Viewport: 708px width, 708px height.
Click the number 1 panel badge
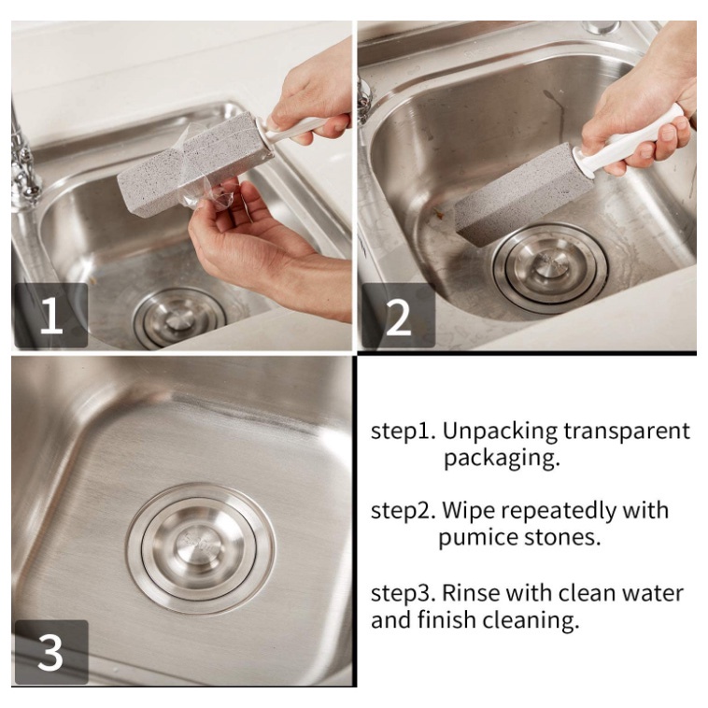[x=51, y=315]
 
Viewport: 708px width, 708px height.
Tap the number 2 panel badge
[x=398, y=315]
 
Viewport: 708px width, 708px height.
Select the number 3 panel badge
[x=51, y=652]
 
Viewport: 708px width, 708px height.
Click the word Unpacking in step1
[x=500, y=432]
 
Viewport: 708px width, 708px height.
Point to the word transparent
[x=627, y=432]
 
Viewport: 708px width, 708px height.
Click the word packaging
[x=502, y=459]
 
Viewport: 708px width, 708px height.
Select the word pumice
[x=478, y=538]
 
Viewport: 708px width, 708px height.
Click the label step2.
[x=403, y=511]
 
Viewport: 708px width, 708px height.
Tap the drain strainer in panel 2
[x=550, y=269]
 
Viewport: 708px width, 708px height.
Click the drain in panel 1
[x=179, y=319]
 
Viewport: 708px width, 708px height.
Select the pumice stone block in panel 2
[x=523, y=195]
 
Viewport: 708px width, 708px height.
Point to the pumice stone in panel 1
[x=195, y=162]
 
